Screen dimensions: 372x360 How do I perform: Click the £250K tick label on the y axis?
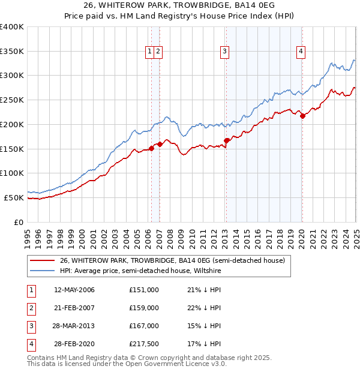[x=12, y=100]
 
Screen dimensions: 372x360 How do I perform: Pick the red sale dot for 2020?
[x=302, y=116]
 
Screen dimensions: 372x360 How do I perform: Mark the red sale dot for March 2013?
[x=227, y=140]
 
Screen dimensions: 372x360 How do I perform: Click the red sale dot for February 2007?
[x=160, y=144]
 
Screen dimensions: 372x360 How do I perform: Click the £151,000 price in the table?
[x=144, y=290]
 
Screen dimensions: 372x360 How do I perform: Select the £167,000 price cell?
[x=144, y=326]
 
